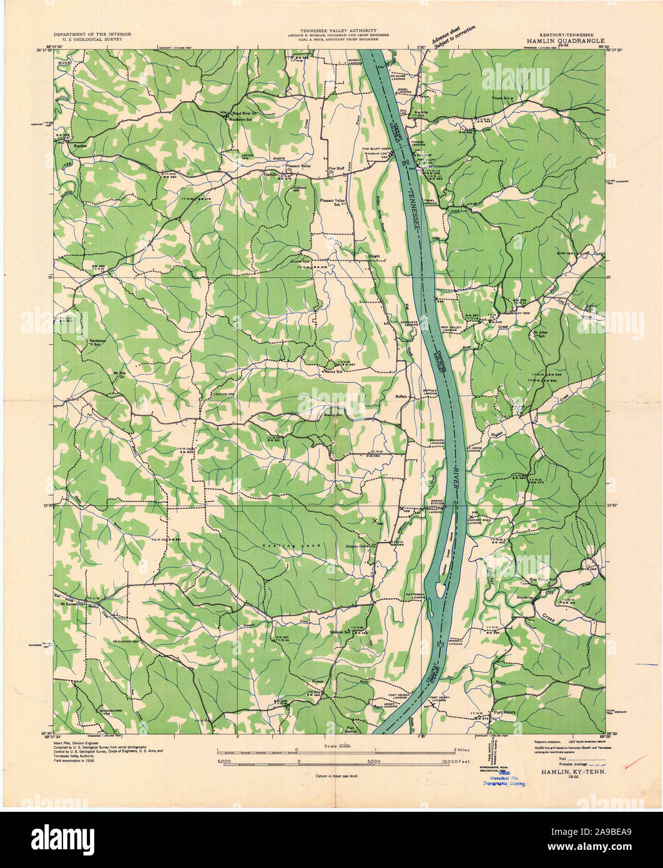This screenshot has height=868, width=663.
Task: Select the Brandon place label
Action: (x=79, y=146)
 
